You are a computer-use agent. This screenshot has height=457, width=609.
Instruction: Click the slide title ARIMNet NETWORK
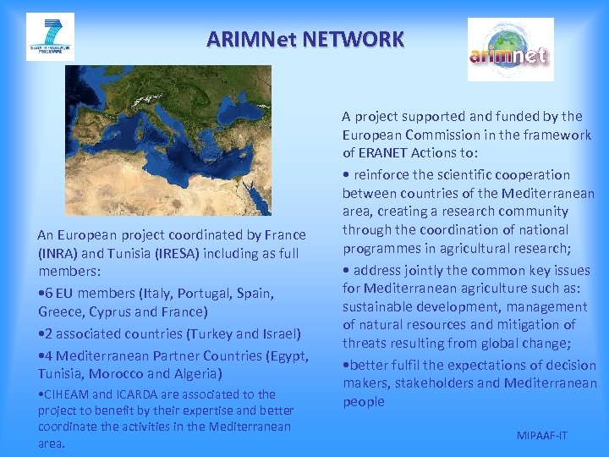(305, 39)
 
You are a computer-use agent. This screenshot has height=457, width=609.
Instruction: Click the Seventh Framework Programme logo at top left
(50, 36)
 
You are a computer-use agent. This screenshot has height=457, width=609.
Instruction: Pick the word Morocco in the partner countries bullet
(114, 373)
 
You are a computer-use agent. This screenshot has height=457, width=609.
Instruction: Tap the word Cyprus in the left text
(106, 312)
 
